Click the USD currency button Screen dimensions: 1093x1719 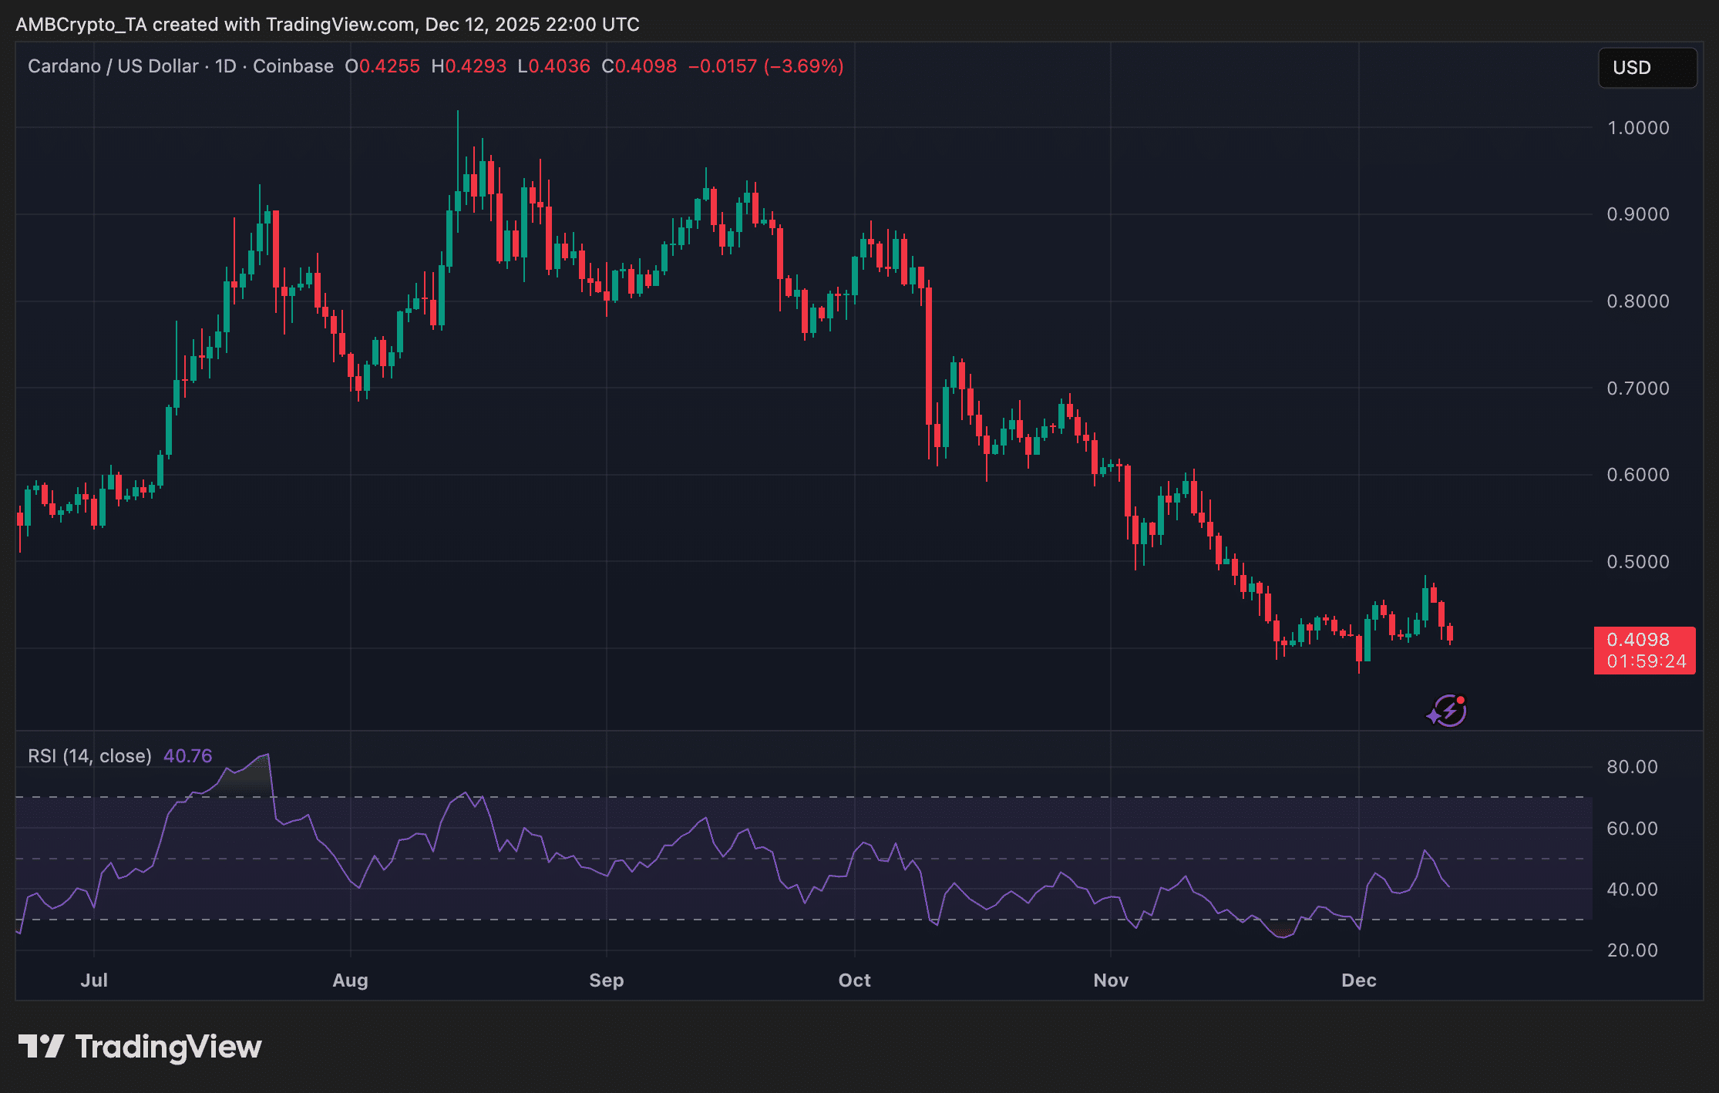click(1647, 68)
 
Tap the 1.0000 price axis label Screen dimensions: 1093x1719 click(1637, 128)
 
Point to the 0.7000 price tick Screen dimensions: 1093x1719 click(1637, 388)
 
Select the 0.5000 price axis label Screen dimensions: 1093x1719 click(1637, 562)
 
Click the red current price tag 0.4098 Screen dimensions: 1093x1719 click(1643, 650)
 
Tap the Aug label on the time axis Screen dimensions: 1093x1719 click(350, 980)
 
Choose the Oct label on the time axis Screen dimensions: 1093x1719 click(854, 980)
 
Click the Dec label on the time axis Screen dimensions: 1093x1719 click(1358, 980)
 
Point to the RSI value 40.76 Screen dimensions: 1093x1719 click(187, 756)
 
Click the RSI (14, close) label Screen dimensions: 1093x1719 click(89, 756)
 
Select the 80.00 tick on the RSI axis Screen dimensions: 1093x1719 click(1632, 767)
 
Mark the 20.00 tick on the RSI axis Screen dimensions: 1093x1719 click(1632, 950)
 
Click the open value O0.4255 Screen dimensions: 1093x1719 click(382, 66)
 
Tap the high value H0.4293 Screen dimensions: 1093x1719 click(469, 66)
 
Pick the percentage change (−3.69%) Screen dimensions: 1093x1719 click(803, 66)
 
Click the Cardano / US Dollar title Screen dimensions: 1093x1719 click(113, 66)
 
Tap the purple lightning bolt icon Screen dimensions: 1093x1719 click(1448, 711)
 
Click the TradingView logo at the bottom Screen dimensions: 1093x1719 click(140, 1047)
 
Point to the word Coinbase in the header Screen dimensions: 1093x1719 click(293, 66)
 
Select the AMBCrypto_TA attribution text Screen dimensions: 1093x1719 click(81, 25)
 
